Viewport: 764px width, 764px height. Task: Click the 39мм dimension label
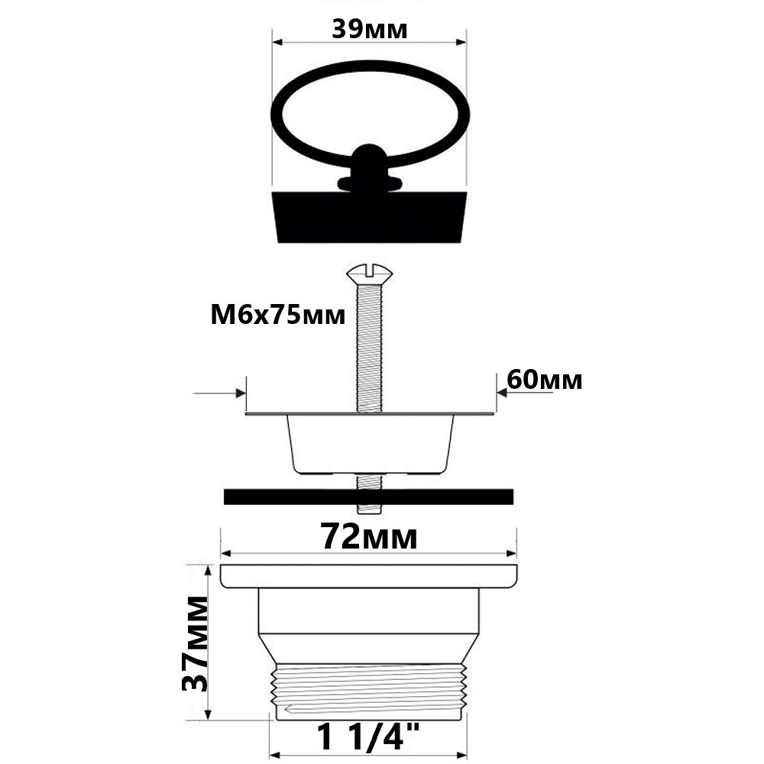coord(369,30)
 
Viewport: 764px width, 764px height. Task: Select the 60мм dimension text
coord(544,380)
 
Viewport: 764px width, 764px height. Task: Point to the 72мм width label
coord(369,537)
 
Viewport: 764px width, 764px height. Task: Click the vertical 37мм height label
coord(195,643)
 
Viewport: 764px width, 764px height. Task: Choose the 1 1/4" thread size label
coord(368,737)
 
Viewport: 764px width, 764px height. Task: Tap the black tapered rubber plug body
coord(370,217)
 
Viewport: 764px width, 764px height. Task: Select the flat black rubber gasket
coord(368,497)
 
